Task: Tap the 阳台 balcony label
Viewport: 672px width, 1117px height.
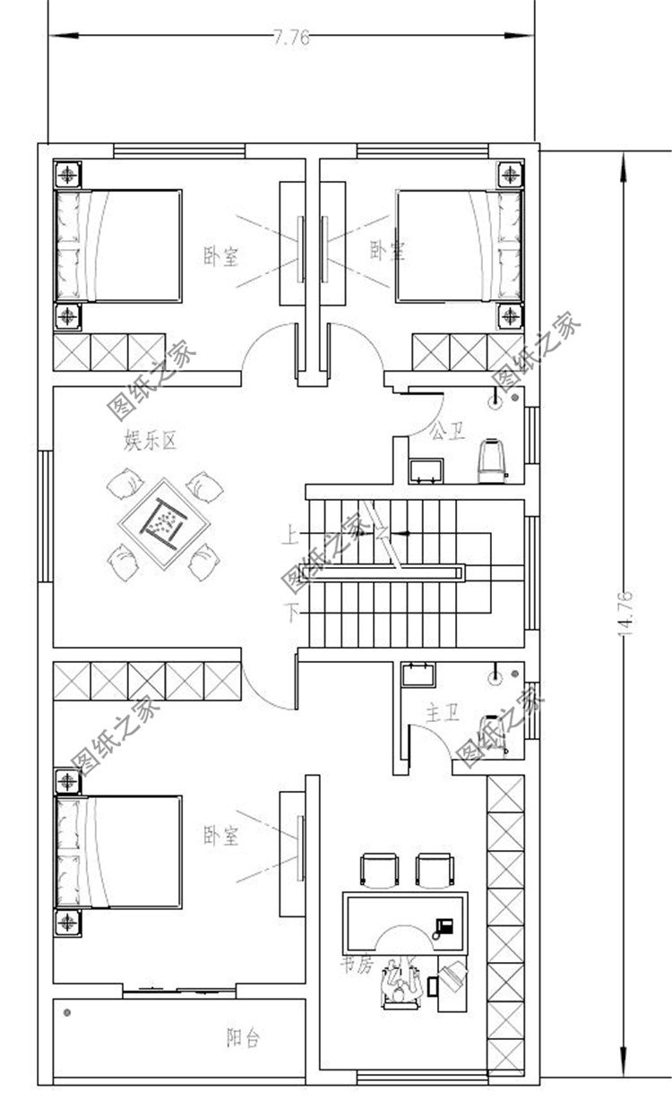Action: click(243, 1039)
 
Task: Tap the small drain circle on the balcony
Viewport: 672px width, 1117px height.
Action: click(67, 1012)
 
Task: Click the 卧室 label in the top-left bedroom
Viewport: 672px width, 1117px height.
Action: click(220, 257)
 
